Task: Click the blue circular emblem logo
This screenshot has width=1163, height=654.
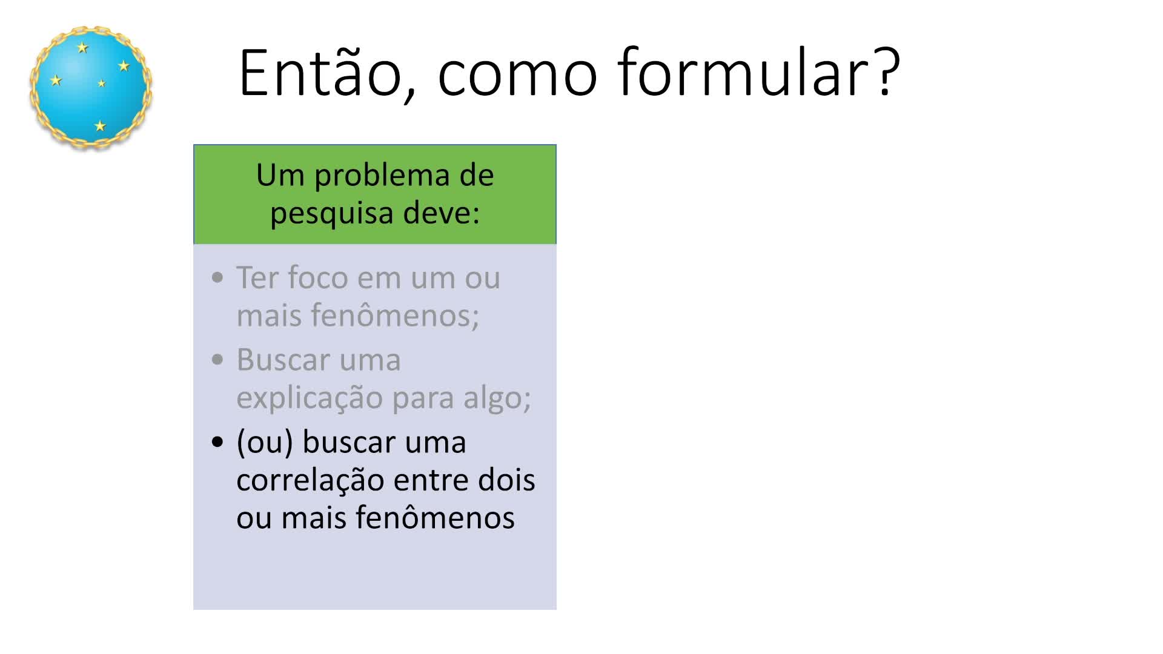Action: (91, 87)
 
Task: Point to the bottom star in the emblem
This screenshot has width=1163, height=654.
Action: (100, 125)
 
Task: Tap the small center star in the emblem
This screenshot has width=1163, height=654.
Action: (102, 84)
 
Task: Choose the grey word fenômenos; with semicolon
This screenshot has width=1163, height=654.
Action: (395, 315)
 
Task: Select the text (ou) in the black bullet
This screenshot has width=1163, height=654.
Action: (265, 443)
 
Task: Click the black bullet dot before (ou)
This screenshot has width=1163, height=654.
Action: (217, 442)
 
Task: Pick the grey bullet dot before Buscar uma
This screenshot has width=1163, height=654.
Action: (217, 360)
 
